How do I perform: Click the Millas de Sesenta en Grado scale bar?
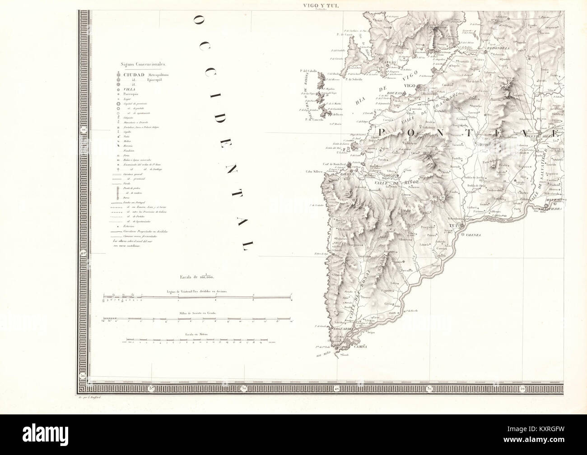[x=199, y=321]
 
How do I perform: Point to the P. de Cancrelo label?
[x=314, y=119]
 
